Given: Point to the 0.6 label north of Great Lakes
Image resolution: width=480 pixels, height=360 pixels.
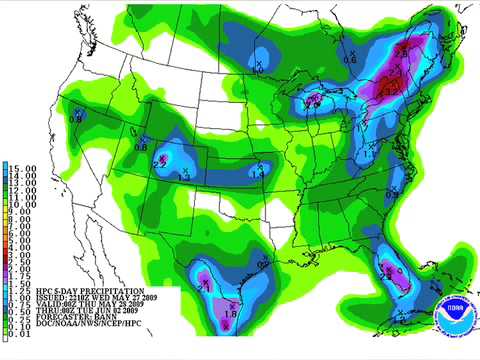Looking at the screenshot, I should (x=350, y=59).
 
